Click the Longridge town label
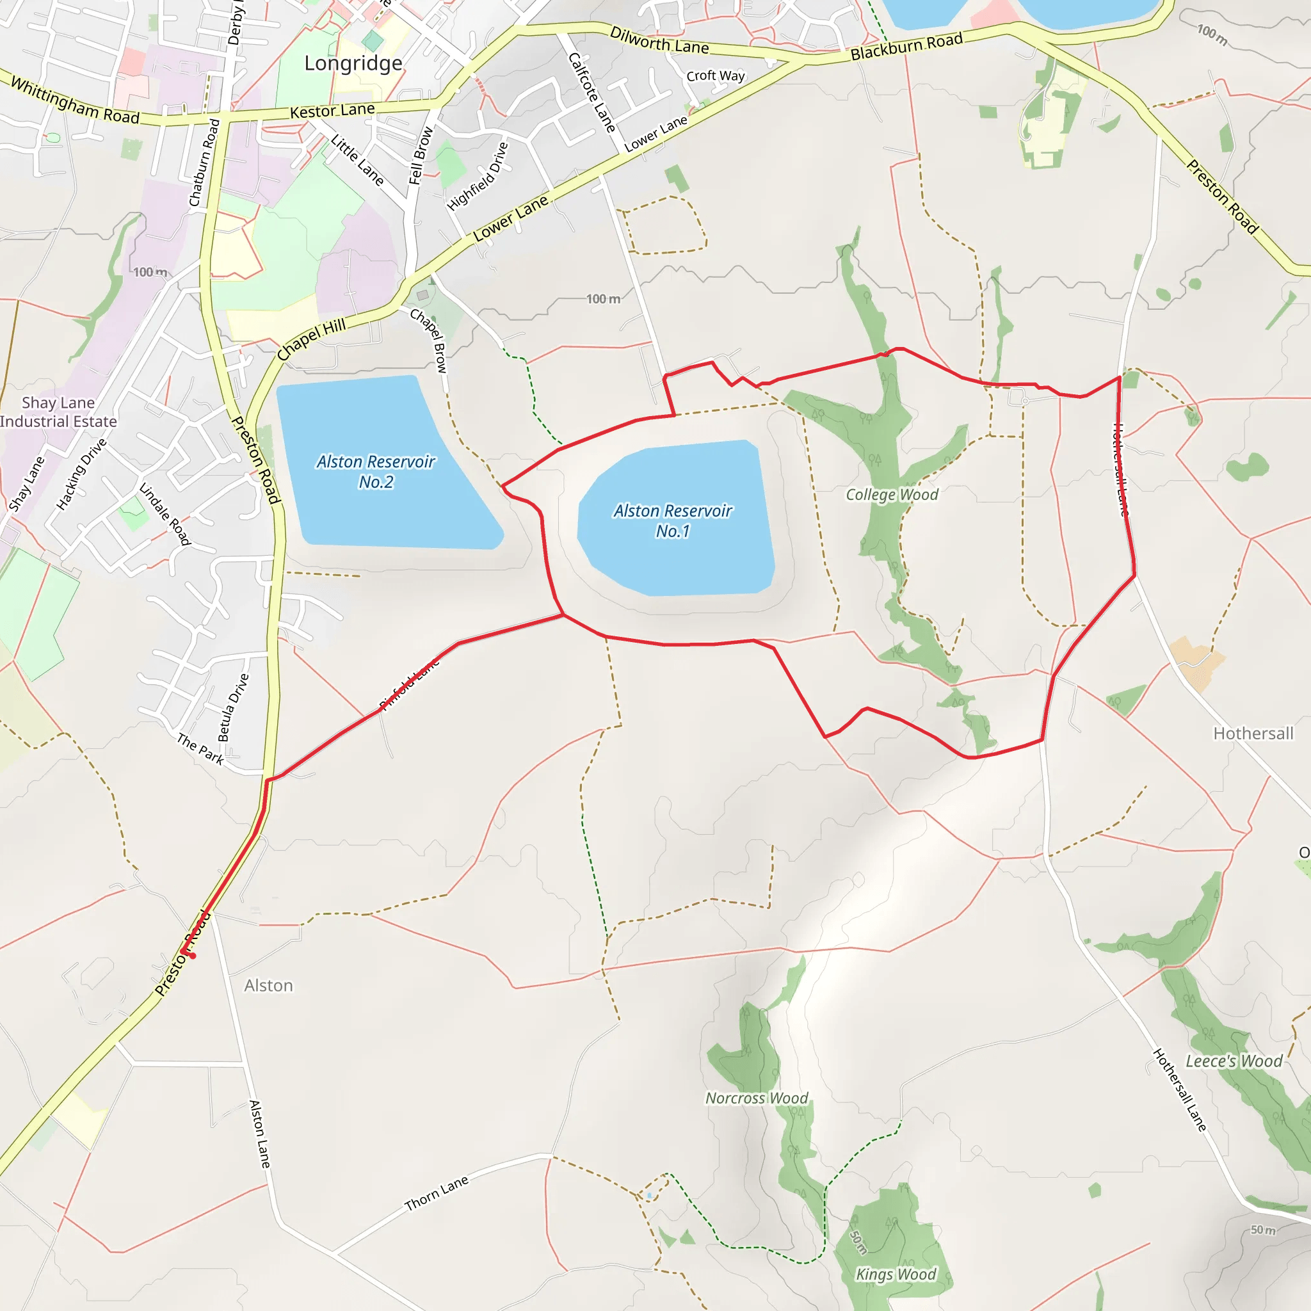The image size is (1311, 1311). click(x=353, y=63)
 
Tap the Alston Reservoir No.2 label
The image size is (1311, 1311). click(x=376, y=472)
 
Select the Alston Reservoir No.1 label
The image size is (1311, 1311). click(x=673, y=520)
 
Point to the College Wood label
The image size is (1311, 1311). click(x=892, y=495)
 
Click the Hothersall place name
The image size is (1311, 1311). click(x=1253, y=734)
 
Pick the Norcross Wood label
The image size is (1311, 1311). click(x=757, y=1098)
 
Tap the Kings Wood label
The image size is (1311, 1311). click(x=896, y=1275)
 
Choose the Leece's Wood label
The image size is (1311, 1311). click(x=1234, y=1061)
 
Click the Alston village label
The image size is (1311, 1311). click(x=269, y=985)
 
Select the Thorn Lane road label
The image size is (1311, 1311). click(x=437, y=1194)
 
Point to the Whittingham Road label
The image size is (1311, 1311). click(x=76, y=102)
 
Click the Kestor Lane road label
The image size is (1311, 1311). click(x=332, y=111)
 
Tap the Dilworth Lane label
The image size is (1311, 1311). click(x=659, y=42)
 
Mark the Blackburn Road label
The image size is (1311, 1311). click(x=906, y=46)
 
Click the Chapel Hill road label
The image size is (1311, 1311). click(x=312, y=339)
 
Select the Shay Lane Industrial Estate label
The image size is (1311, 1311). click(x=58, y=412)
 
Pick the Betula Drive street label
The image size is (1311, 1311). click(x=234, y=707)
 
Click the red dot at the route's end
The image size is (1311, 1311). click(x=193, y=956)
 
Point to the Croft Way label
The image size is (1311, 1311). click(x=715, y=76)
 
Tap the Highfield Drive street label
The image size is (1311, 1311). click(x=478, y=176)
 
